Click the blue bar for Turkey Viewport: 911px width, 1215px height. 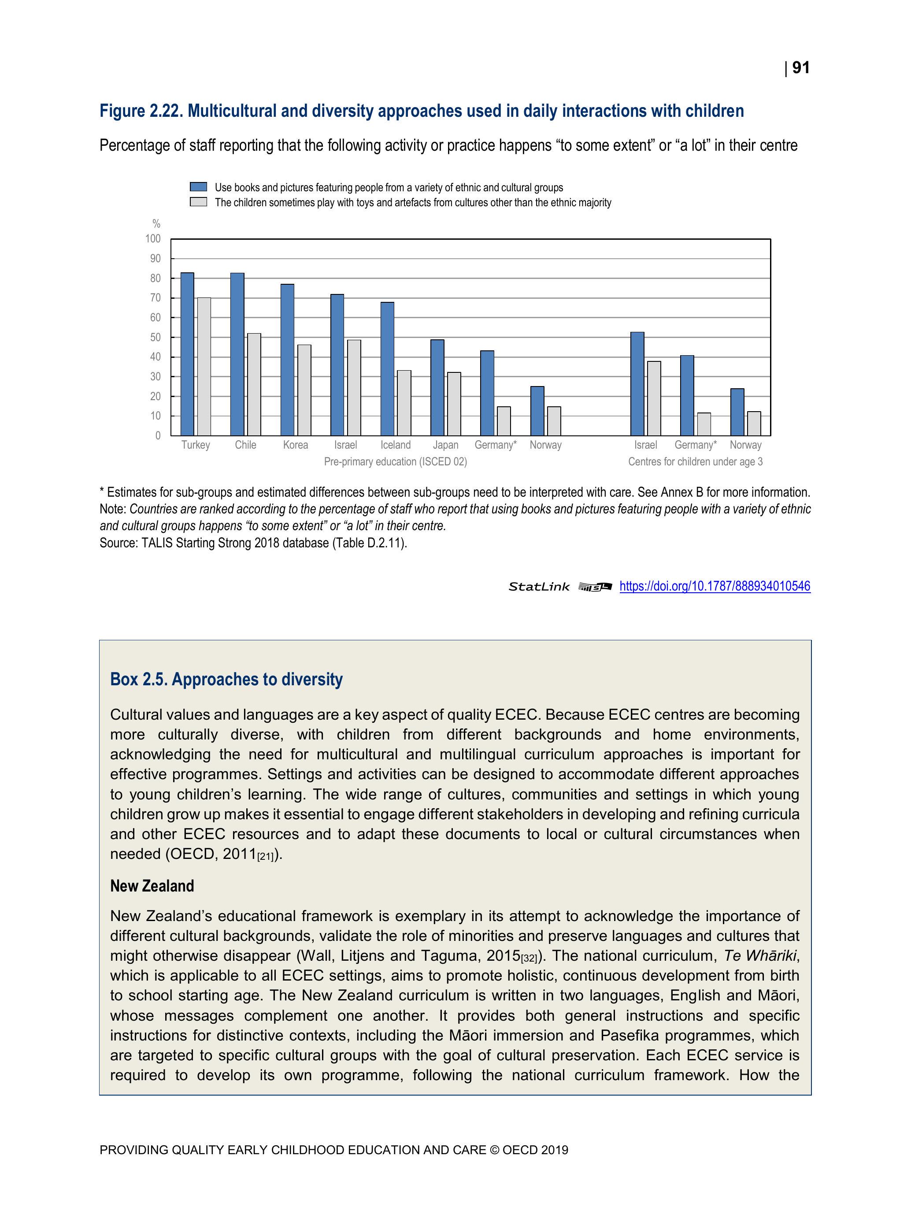(187, 354)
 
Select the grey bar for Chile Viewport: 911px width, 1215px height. (254, 384)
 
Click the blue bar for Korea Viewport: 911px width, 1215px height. (287, 360)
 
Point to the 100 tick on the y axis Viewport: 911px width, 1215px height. (153, 239)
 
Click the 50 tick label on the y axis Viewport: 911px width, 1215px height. (156, 337)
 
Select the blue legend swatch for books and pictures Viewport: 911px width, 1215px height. (198, 187)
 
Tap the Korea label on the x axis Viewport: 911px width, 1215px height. (296, 445)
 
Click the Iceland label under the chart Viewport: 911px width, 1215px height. (396, 445)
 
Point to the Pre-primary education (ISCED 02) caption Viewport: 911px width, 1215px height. (396, 462)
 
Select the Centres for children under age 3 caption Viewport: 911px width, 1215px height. (695, 462)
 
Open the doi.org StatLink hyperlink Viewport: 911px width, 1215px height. (715, 586)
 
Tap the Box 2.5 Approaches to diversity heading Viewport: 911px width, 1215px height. (226, 680)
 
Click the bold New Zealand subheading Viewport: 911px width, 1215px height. (152, 886)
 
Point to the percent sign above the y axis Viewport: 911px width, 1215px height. (156, 223)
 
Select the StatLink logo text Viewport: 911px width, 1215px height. (539, 587)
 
